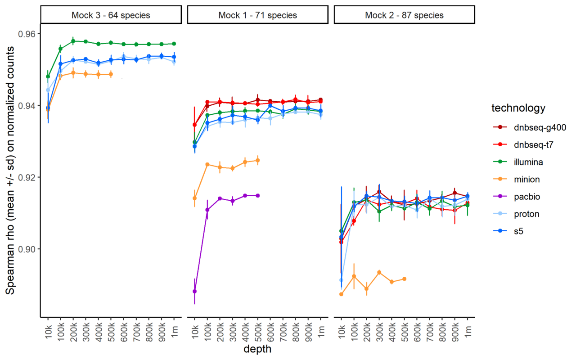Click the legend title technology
pyautogui.click(x=518, y=108)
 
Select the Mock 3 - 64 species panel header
pyautogui.click(x=111, y=15)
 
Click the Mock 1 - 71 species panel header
pyautogui.click(x=257, y=15)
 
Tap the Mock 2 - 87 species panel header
pyautogui.click(x=404, y=15)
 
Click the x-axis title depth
pyautogui.click(x=257, y=349)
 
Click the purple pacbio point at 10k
pyautogui.click(x=194, y=291)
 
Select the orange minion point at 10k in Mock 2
pyautogui.click(x=341, y=294)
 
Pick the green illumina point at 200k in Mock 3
pyautogui.click(x=73, y=41)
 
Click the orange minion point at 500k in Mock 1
pyautogui.click(x=258, y=160)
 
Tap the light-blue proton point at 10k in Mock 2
pyautogui.click(x=341, y=280)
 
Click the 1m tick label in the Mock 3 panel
pyautogui.click(x=174, y=331)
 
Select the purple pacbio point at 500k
pyautogui.click(x=258, y=195)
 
